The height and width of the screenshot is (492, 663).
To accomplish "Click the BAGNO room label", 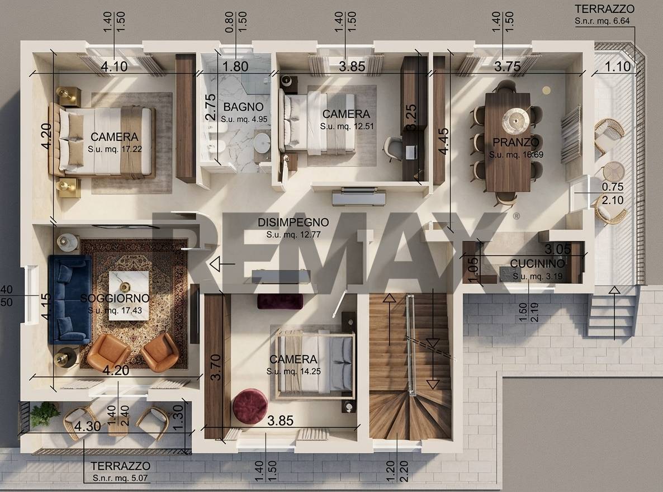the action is pos(243,107).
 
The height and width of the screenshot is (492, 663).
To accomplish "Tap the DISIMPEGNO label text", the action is pos(293,222).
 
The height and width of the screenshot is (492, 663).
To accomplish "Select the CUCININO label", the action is pos(537,263).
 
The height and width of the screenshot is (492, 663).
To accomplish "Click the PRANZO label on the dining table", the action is pos(516,141).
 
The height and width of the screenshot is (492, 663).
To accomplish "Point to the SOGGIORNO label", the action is pos(115,298).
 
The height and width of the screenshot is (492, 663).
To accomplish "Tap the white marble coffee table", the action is pos(129,295).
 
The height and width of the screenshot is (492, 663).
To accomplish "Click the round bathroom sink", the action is pos(263,141).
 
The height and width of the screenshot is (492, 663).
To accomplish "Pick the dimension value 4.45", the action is pos(443,141).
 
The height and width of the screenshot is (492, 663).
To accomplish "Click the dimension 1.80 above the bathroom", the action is pos(235,67).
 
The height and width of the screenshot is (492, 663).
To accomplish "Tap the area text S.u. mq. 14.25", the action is pos(293,371).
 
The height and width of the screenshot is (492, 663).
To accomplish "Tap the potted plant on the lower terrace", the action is pos(44,414).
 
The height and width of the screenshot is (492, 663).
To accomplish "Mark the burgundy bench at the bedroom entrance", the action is pos(280,302).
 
